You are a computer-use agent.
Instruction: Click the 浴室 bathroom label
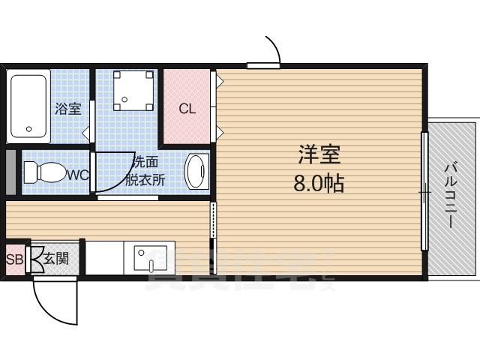[67, 109]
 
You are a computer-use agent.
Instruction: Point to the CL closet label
[187, 108]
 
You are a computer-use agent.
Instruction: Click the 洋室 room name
[319, 155]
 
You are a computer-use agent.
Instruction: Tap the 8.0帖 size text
[318, 183]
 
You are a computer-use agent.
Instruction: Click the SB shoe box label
[14, 260]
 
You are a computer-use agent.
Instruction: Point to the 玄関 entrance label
[56, 259]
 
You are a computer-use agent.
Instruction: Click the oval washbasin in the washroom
[196, 172]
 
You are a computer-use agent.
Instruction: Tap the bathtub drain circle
[29, 129]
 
